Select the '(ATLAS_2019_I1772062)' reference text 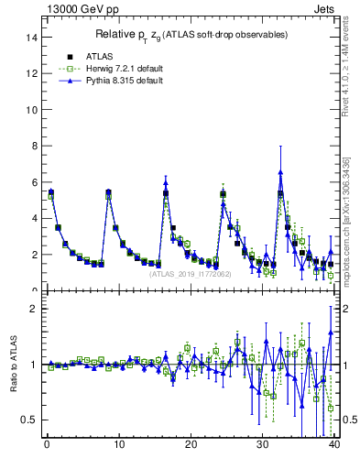pyautogui.click(x=190, y=273)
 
